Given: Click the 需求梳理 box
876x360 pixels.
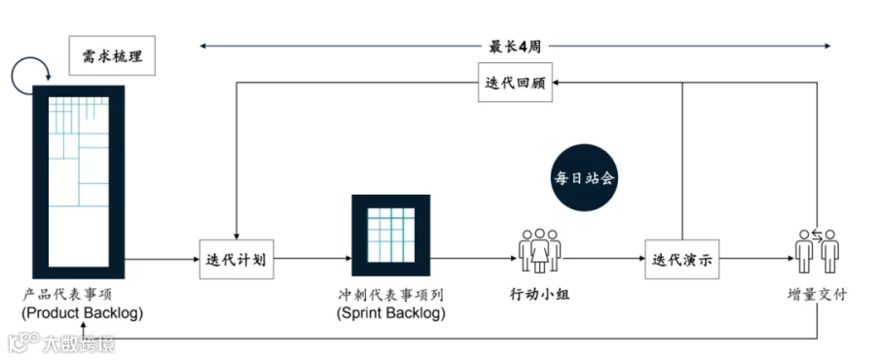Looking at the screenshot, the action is [112, 55].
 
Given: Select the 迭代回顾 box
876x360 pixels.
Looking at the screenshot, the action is [515, 83].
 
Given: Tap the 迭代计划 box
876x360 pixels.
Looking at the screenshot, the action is [237, 259].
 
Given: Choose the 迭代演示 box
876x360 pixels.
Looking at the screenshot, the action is [682, 259].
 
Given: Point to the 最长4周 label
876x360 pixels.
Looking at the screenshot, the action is [515, 47].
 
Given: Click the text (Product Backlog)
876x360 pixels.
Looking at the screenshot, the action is [82, 313].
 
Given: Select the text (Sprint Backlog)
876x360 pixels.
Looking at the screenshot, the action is [391, 313].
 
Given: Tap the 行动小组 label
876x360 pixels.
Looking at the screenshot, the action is [539, 294].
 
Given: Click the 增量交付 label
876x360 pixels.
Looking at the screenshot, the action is [816, 294].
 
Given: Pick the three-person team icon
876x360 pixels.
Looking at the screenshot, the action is [539, 251].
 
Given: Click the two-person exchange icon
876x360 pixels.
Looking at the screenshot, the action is [817, 251].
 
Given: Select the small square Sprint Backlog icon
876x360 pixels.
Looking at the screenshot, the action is [390, 235].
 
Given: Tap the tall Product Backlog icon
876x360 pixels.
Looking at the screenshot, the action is [78, 182].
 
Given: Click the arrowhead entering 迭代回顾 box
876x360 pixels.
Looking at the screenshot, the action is [557, 83].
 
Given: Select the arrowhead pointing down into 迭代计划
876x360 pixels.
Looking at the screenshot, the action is [237, 235].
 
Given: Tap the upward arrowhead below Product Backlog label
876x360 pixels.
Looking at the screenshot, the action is [84, 325].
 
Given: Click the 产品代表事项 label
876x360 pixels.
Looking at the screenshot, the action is [67, 294].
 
